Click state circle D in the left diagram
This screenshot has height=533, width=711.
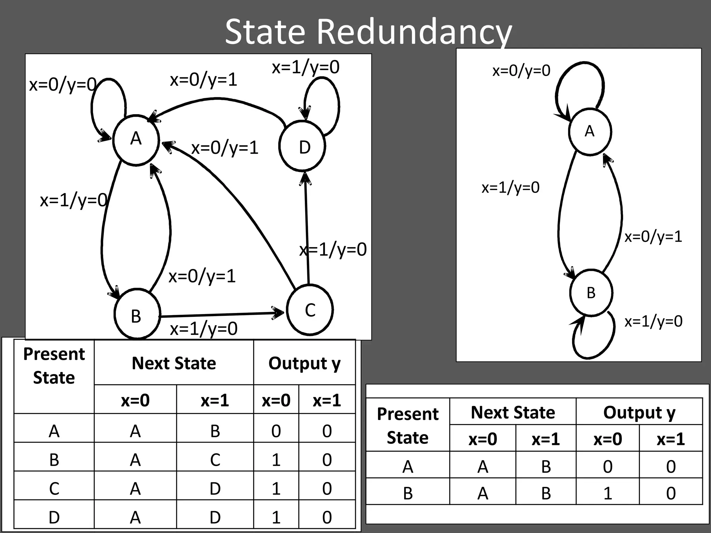(x=302, y=146)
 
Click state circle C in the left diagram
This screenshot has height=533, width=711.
(x=310, y=310)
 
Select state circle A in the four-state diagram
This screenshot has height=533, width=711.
(x=136, y=139)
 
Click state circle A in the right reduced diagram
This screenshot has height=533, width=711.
(x=590, y=132)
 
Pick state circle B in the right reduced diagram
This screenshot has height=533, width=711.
(x=591, y=293)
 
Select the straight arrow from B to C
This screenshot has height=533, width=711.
(x=222, y=314)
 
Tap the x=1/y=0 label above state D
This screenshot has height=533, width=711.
(x=306, y=67)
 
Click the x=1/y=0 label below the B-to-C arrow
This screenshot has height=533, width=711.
(x=204, y=329)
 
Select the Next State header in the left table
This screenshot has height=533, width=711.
(x=174, y=363)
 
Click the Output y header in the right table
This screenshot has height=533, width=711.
(x=639, y=413)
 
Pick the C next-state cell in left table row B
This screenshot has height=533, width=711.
(x=215, y=460)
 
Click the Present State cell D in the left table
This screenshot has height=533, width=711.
(x=54, y=517)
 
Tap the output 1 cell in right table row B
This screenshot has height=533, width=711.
(x=608, y=493)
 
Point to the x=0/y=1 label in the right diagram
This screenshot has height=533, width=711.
(x=653, y=237)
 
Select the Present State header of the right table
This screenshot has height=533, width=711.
(x=408, y=425)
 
